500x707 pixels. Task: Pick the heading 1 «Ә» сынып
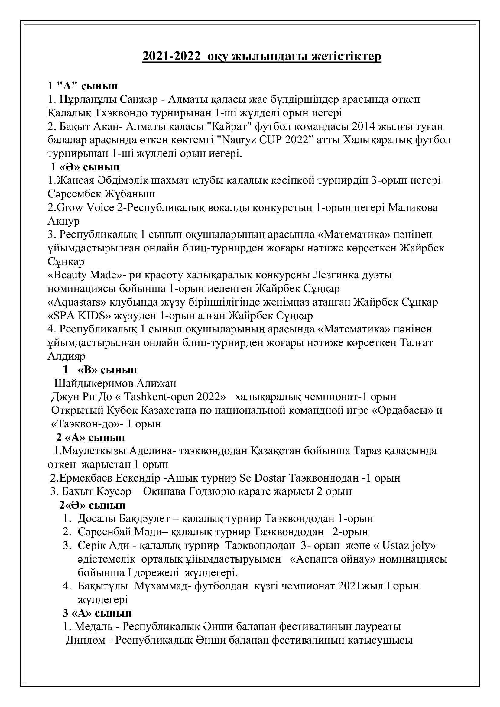tap(85, 167)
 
